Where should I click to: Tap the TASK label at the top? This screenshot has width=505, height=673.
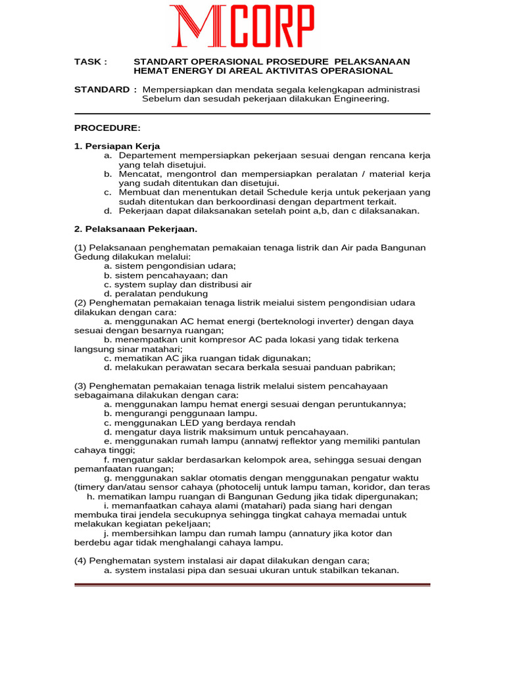pos(90,62)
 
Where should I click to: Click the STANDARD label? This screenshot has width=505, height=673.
pos(102,89)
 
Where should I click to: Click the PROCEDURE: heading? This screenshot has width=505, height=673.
pos(107,128)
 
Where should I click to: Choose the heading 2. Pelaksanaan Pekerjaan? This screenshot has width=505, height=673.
pos(135,229)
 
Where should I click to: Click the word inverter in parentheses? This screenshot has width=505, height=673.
pos(340,321)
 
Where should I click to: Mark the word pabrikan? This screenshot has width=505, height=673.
pos(374,367)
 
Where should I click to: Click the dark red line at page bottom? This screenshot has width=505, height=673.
pos(252,584)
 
